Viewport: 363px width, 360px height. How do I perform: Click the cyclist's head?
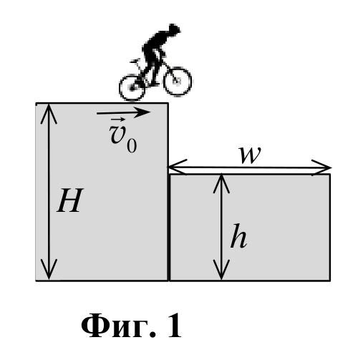(x=174, y=30)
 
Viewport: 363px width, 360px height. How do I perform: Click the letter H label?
(x=70, y=200)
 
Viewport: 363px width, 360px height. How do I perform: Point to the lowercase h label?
(x=238, y=236)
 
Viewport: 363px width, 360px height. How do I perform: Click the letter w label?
(x=251, y=155)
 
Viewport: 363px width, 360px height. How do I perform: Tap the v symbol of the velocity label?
(x=118, y=135)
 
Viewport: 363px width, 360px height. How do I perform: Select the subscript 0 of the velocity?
(x=132, y=145)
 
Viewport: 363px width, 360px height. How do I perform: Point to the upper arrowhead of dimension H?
(x=49, y=112)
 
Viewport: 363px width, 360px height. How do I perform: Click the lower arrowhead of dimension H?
(x=49, y=271)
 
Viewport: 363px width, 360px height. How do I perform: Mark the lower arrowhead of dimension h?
(x=221, y=271)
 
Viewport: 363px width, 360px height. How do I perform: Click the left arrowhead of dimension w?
(x=177, y=167)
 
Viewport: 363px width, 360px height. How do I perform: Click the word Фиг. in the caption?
(x=119, y=326)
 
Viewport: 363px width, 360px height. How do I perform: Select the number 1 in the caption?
(x=175, y=325)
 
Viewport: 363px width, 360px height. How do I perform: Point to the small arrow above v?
(x=118, y=120)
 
